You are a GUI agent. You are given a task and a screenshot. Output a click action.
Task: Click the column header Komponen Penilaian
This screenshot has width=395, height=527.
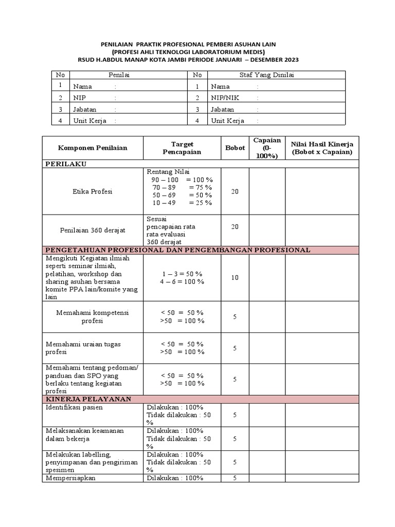pyautogui.click(x=93, y=148)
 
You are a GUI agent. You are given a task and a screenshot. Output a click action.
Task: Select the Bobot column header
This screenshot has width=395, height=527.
pyautogui.click(x=235, y=148)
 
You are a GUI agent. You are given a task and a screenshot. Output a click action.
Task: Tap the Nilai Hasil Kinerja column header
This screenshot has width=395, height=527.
pyautogui.click(x=322, y=148)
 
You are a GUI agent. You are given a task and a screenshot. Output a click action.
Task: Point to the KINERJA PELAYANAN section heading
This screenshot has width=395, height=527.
pyautogui.click(x=88, y=399)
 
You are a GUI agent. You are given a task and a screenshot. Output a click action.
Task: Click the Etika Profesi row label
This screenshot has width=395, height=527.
pyautogui.click(x=93, y=191)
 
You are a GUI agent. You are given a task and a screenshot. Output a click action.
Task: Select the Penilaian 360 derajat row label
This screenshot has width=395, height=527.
pyautogui.click(x=93, y=230)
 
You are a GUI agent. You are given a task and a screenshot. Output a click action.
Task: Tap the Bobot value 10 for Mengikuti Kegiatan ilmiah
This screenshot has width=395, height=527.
pyautogui.click(x=235, y=277)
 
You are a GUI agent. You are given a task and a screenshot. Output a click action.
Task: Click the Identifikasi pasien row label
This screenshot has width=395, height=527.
pyautogui.click(x=75, y=407)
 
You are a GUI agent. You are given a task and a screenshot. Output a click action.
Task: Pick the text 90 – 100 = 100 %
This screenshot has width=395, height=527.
pyautogui.click(x=182, y=180)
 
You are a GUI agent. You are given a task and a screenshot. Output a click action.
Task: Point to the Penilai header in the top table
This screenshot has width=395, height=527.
pyautogui.click(x=119, y=75)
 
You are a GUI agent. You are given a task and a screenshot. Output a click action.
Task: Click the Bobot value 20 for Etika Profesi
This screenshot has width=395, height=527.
pyautogui.click(x=235, y=191)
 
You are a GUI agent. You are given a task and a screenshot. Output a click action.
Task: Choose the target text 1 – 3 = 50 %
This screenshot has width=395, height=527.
pyautogui.click(x=182, y=274)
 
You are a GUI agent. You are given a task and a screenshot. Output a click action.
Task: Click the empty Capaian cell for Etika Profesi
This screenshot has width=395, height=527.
pyautogui.click(x=267, y=191)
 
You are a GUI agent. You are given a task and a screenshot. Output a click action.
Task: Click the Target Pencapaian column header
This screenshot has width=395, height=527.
pyautogui.click(x=182, y=148)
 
